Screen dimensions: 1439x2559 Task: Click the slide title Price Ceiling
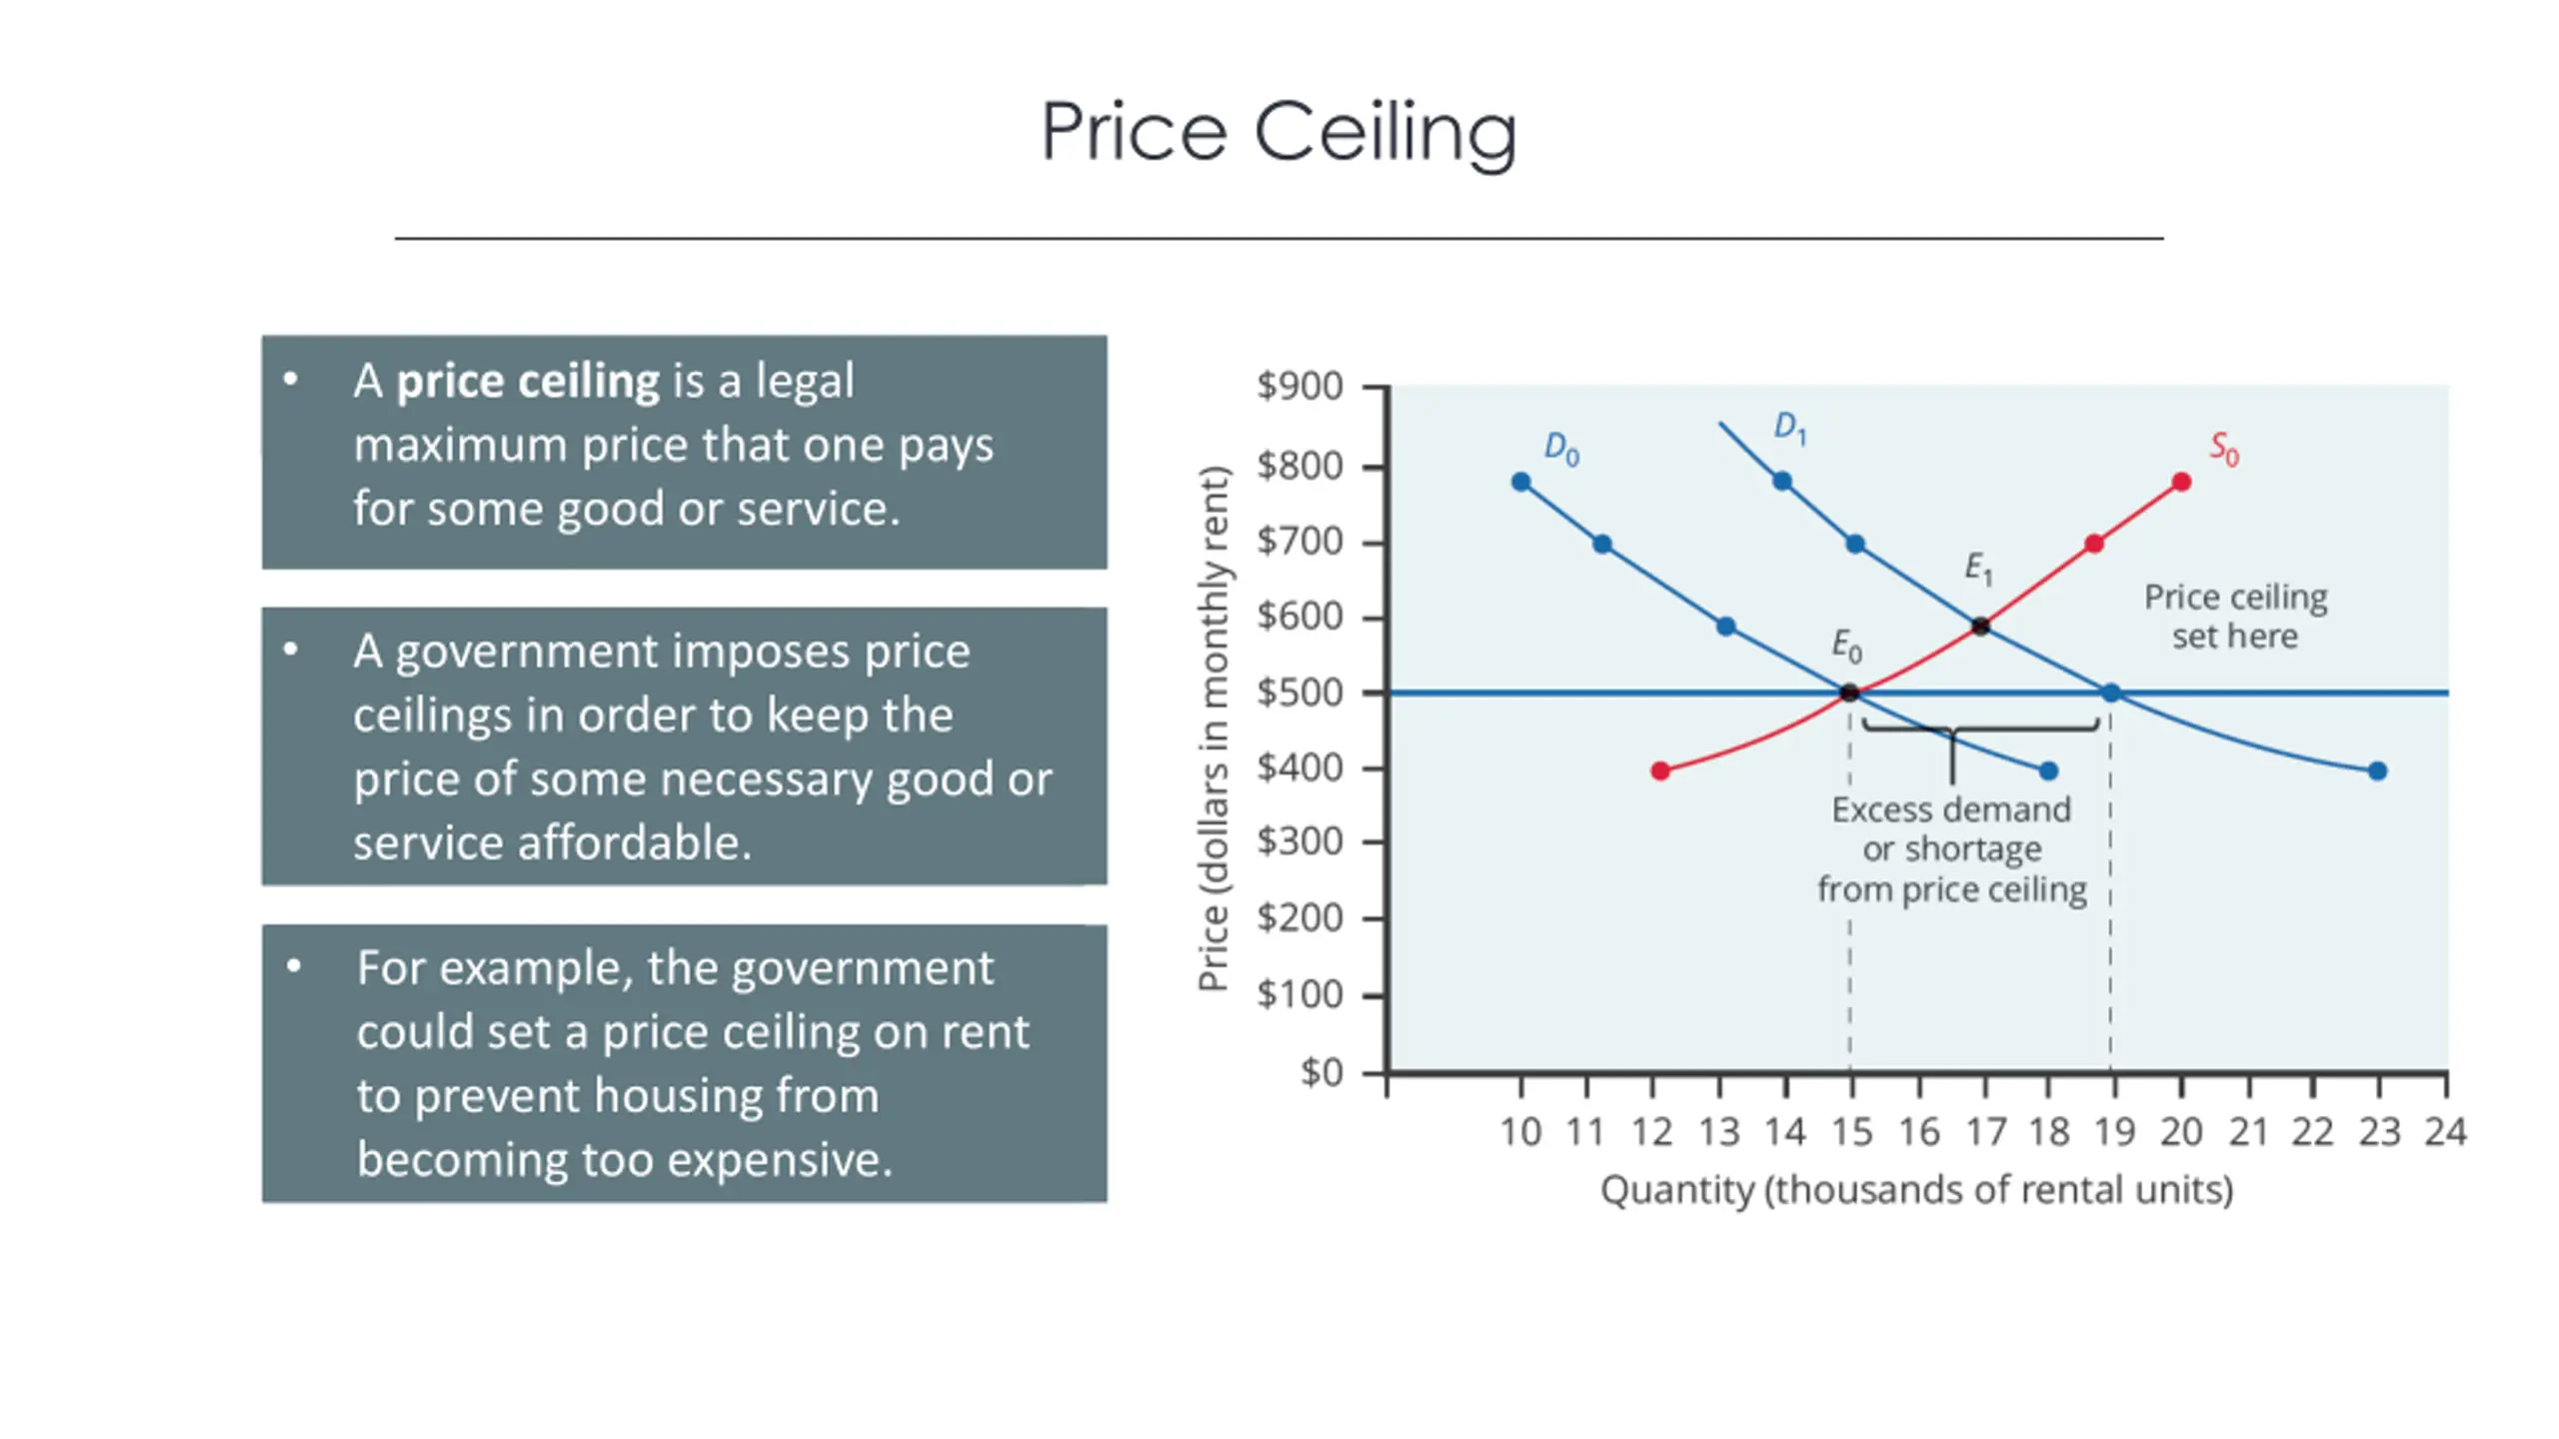coord(1279,132)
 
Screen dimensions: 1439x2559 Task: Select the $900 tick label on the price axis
coord(1299,386)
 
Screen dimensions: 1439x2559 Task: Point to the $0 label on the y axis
coord(1321,1072)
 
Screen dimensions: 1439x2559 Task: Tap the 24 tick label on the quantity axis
coord(2445,1132)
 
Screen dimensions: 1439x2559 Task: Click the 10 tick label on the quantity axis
coord(1520,1132)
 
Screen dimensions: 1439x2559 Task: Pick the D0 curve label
coord(1561,449)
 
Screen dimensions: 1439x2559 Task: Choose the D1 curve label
coord(1789,428)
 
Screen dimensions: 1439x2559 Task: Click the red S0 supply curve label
coord(2224,449)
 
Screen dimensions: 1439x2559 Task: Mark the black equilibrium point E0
coord(1849,693)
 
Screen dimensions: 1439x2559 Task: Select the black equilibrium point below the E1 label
coord(1980,627)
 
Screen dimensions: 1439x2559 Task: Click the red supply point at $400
coord(1660,770)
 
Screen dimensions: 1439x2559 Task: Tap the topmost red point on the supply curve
coord(2181,483)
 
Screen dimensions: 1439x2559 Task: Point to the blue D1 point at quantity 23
coord(2378,770)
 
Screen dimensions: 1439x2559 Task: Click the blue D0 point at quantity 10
coord(1521,483)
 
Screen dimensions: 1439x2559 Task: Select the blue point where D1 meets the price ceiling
coord(2111,693)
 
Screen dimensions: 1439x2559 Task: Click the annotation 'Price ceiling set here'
coord(2235,617)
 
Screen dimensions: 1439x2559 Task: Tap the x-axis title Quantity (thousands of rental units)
coord(1916,1190)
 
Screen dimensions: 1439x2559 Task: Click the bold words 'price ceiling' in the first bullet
coord(528,382)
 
